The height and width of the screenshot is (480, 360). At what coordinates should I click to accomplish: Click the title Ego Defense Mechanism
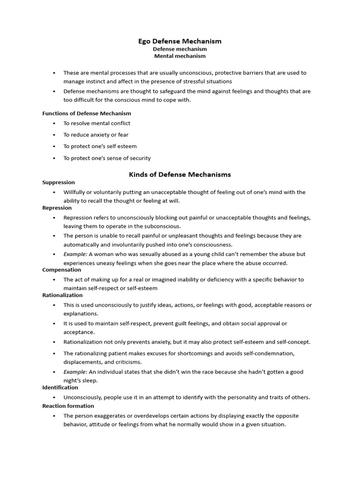[x=180, y=41]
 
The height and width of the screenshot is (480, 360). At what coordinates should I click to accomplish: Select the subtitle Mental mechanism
[x=180, y=56]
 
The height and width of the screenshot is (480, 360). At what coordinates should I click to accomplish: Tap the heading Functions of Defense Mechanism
[x=87, y=113]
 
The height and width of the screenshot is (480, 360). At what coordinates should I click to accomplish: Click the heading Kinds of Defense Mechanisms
[x=180, y=174]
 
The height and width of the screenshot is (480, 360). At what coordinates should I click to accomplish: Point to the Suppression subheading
[x=59, y=182]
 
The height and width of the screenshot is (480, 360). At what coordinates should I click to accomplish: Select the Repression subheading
[x=57, y=208]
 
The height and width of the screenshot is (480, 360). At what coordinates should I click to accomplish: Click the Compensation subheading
[x=62, y=270]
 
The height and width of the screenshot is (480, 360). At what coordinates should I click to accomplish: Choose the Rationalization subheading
[x=62, y=295]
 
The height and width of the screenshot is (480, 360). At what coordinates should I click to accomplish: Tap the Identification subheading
[x=60, y=388]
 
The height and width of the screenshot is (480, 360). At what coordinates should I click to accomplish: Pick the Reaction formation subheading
[x=68, y=406]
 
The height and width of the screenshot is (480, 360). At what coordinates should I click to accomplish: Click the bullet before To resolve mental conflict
[x=54, y=123]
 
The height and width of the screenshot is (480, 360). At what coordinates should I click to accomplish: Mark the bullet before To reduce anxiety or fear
[x=54, y=135]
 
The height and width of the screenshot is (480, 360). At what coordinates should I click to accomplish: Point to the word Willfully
[x=75, y=192]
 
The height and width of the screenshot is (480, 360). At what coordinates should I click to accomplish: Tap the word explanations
[x=81, y=314]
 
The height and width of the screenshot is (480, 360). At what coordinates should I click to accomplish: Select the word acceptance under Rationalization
[x=79, y=332]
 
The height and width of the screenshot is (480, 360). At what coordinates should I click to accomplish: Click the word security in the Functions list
[x=139, y=158]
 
